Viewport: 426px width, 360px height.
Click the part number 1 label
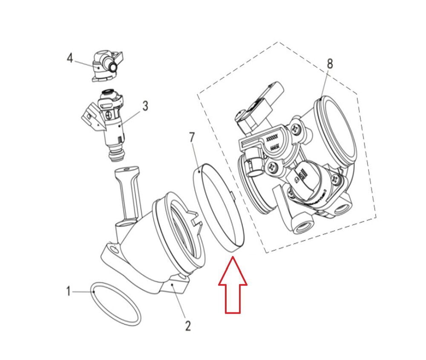[x=68, y=291]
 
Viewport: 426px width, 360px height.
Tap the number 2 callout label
[x=188, y=326]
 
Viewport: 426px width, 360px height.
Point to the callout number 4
[x=70, y=58]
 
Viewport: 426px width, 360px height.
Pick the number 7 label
[x=192, y=137]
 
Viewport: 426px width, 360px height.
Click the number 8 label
[x=330, y=64]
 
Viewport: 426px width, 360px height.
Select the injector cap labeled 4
[x=104, y=66]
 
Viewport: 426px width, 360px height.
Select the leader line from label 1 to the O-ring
[x=81, y=292]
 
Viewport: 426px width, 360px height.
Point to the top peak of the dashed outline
[x=279, y=42]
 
